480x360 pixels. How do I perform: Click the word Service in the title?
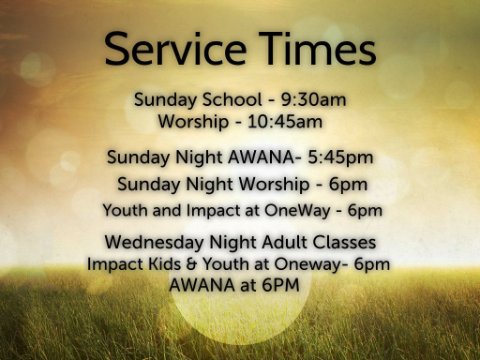[175, 49]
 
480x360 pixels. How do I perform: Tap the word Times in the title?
[318, 49]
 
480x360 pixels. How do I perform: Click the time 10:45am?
[285, 122]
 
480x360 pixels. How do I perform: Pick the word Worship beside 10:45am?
[193, 122]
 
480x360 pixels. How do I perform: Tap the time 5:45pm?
[340, 158]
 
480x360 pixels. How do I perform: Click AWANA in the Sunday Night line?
[261, 157]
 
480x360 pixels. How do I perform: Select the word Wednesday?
[154, 242]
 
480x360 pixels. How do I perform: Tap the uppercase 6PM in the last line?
[280, 285]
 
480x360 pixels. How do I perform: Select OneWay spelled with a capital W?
[297, 211]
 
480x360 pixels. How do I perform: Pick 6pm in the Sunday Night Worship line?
[348, 184]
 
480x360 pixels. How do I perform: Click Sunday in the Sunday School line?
[166, 100]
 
